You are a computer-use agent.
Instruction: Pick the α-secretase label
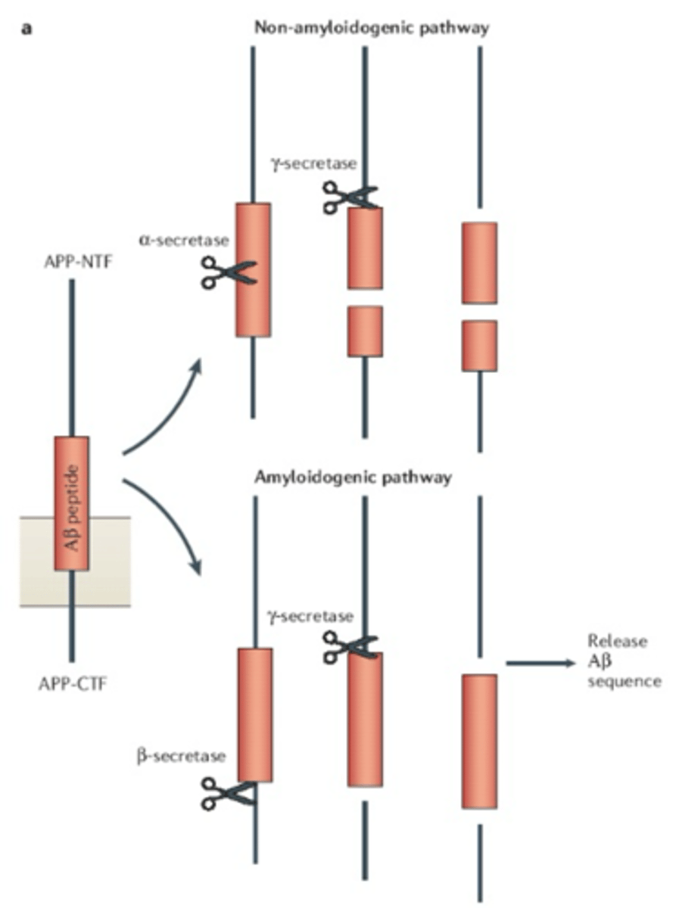click(172, 241)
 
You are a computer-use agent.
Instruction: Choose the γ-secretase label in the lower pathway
click(310, 617)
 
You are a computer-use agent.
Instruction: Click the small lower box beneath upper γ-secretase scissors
click(365, 331)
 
